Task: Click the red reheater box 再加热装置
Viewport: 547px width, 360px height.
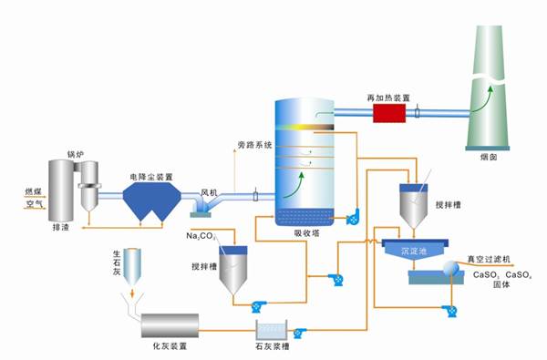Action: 387,112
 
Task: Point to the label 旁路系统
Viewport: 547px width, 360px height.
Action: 255,145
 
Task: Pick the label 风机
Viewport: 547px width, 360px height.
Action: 210,193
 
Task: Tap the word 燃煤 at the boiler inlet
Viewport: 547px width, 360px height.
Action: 33,191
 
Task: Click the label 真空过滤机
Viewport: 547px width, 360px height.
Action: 492,259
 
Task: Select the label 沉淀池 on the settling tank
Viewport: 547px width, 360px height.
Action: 415,249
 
